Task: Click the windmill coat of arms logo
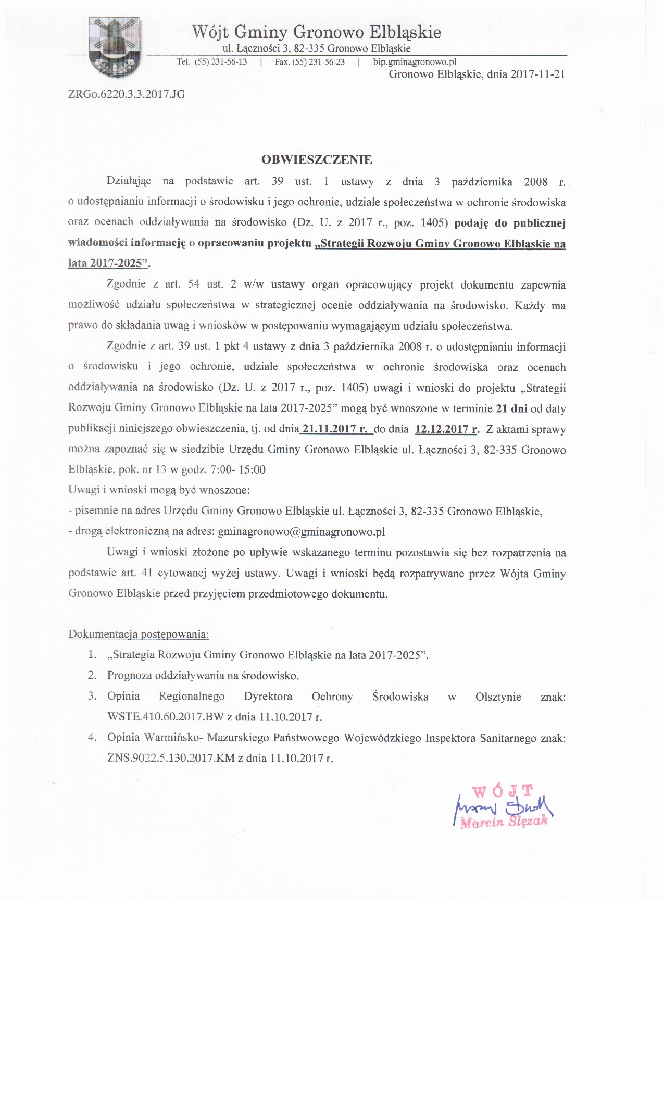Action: coord(115,47)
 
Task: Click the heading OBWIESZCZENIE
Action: coord(317,160)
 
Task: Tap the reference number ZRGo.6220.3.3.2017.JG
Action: coord(127,94)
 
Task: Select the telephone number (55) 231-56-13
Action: coord(221,62)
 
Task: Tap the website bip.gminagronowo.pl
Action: coord(415,62)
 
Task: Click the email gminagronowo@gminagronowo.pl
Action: coord(302,532)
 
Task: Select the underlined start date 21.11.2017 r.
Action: coord(336,429)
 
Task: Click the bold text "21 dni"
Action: coord(511,408)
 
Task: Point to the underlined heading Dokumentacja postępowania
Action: coord(139,635)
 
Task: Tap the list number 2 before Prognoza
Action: coord(92,676)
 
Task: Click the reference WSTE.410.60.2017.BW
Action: coord(165,717)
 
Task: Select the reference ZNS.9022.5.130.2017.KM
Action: coord(171,758)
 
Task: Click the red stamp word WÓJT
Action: coord(503,791)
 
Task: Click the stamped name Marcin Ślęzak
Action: coord(504,822)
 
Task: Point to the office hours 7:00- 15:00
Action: coord(238,469)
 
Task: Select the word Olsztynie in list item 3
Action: coord(498,697)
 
